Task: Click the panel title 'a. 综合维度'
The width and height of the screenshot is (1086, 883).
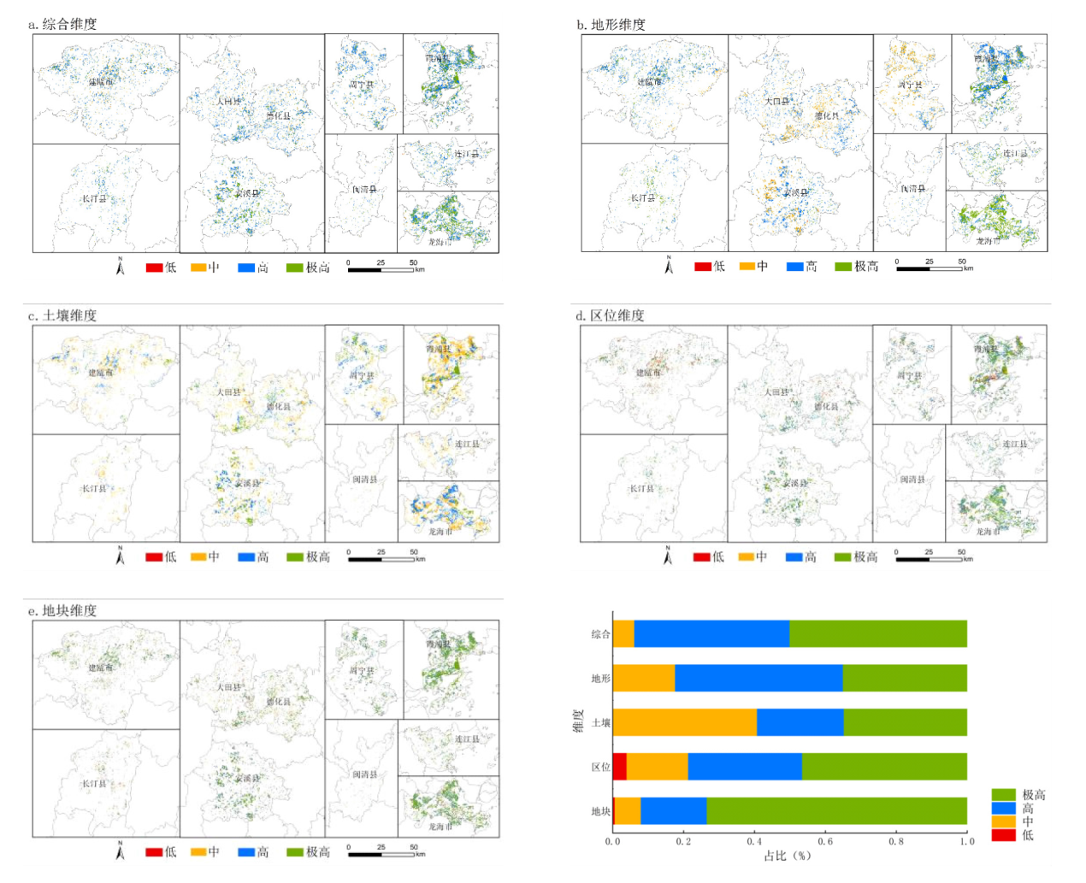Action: coord(62,24)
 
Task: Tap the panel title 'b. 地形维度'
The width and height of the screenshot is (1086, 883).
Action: coord(611,24)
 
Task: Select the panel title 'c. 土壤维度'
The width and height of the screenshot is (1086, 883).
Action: coord(62,315)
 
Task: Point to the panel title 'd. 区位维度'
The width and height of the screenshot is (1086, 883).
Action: coord(610,315)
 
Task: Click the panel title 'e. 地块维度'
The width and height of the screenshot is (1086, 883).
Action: coord(62,610)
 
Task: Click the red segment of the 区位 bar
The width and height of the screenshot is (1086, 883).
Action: coord(620,767)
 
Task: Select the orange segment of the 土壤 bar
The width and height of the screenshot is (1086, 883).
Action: coord(685,722)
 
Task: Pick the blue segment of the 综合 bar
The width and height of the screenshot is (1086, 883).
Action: coord(711,634)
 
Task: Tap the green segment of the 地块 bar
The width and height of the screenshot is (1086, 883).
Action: coord(836,811)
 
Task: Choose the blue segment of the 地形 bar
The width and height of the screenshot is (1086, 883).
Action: coord(758,678)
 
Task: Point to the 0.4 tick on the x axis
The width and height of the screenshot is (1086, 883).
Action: coord(754,841)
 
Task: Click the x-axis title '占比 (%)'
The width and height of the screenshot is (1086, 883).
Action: coord(787,856)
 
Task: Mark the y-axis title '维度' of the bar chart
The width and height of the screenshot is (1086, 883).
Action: coord(578,721)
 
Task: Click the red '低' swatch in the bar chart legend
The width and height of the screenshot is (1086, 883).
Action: coord(1003,835)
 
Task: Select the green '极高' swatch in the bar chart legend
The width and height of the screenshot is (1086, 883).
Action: coord(1003,794)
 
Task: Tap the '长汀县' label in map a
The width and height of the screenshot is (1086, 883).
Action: coord(94,198)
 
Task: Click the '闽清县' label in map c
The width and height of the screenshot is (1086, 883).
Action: coord(365,480)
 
